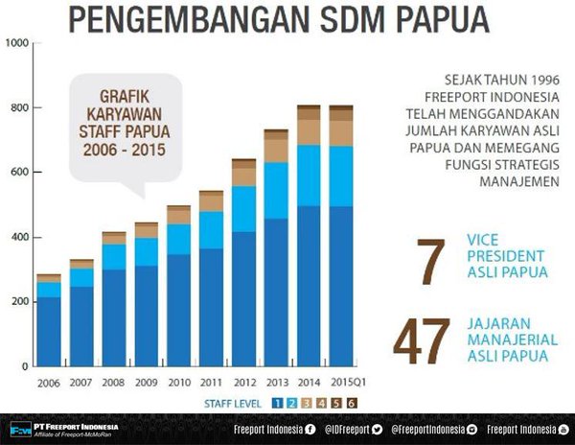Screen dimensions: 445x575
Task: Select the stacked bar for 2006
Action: coord(48,321)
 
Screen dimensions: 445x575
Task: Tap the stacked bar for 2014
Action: coord(308,240)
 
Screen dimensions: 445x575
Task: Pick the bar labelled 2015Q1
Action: coord(340,240)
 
